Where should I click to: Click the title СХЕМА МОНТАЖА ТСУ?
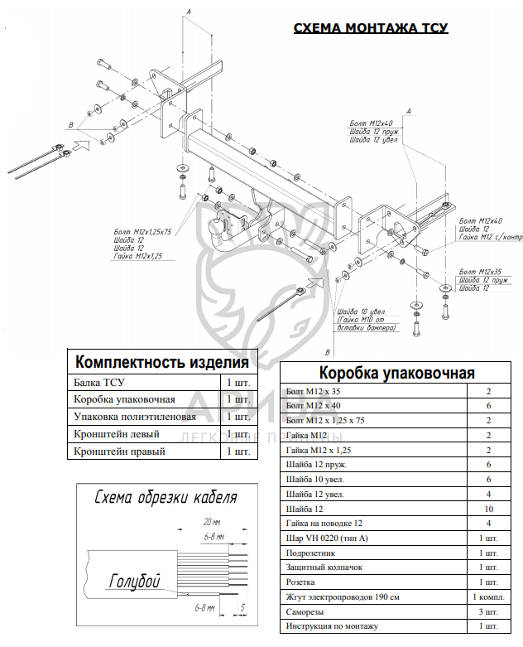[371, 29]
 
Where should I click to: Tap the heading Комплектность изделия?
[161, 362]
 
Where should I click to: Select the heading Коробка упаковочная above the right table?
[396, 372]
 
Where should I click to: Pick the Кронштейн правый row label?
[119, 452]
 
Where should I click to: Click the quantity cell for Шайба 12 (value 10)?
[488, 508]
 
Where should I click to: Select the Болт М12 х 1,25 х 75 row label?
[328, 420]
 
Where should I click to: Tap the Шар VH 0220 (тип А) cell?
[326, 538]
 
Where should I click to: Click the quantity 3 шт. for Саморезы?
[488, 611]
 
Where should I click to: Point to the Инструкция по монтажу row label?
[331, 626]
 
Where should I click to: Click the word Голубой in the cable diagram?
[133, 581]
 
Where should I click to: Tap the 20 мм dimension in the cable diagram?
[211, 523]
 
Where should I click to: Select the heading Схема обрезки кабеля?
[166, 497]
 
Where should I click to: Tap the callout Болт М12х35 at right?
[479, 271]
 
